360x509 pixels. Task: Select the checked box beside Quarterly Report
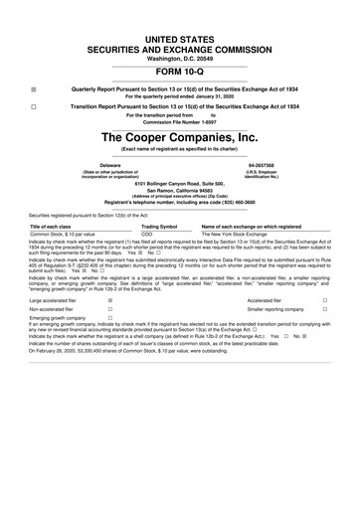point(35,87)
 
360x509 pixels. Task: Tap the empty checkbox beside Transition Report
point(35,106)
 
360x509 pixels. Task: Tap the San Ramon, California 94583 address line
point(179,193)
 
